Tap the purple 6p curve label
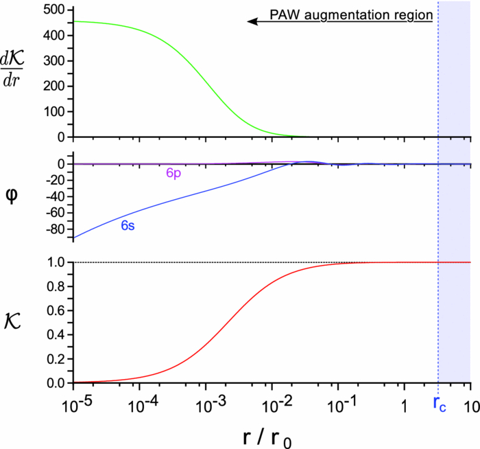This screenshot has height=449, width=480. click(x=173, y=174)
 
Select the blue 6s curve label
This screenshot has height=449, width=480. click(x=128, y=225)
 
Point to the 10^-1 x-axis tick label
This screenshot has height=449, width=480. click(x=338, y=403)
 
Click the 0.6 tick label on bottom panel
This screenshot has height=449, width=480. click(x=56, y=311)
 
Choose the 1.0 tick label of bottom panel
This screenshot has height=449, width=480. click(x=56, y=262)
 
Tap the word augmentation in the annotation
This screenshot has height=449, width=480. click(x=354, y=14)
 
